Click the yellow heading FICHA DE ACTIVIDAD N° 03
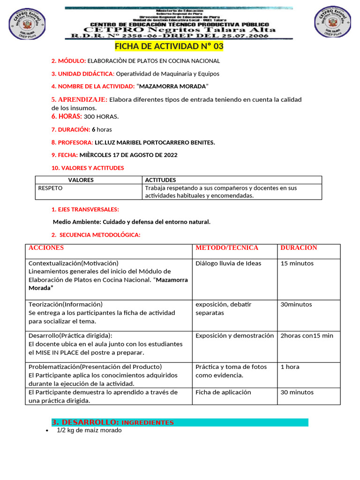(x=169, y=46)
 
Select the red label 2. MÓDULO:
(x=68, y=61)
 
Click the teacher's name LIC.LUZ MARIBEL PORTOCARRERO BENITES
(x=155, y=142)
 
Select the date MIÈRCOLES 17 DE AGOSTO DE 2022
(x=128, y=155)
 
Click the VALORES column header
(x=81, y=180)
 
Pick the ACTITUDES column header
(x=160, y=180)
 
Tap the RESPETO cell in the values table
(x=50, y=188)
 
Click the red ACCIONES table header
(x=46, y=248)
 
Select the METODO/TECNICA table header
(x=227, y=248)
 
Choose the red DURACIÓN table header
(x=299, y=248)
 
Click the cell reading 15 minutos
(x=297, y=263)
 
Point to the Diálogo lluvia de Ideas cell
(x=228, y=263)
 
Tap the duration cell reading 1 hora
(x=290, y=367)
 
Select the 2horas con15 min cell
(x=307, y=336)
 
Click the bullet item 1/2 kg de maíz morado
(x=89, y=430)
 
